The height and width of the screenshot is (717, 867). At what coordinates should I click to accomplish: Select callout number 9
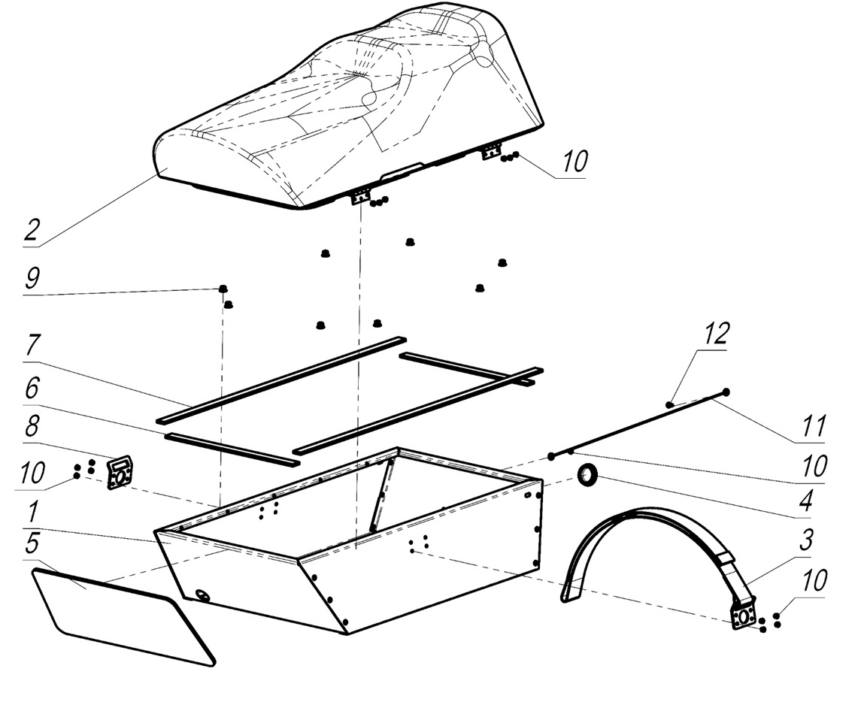tap(32, 280)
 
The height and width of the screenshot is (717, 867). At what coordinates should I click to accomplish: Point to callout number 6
tap(32, 389)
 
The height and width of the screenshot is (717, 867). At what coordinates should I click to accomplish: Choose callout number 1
tap(32, 514)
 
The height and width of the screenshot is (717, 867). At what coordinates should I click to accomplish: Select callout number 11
tap(814, 425)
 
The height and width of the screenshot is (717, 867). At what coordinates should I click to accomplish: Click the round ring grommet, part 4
tap(586, 475)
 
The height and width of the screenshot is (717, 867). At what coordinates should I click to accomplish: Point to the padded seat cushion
tap(346, 113)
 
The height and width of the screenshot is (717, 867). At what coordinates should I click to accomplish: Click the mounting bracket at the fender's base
tap(743, 616)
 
